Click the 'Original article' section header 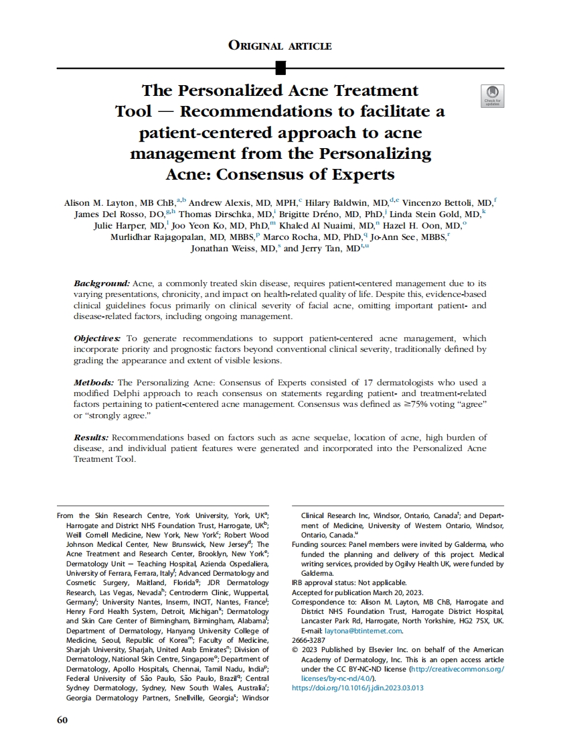(x=280, y=46)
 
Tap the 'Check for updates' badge (x=493, y=96)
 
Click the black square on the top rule (x=280, y=68)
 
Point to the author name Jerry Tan (x=323, y=248)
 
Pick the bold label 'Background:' (x=101, y=284)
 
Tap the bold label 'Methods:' (x=94, y=382)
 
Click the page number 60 (x=62, y=720)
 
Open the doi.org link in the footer (x=358, y=688)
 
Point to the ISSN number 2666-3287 (x=309, y=640)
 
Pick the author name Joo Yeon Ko (x=195, y=225)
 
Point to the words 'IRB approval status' (x=327, y=583)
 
